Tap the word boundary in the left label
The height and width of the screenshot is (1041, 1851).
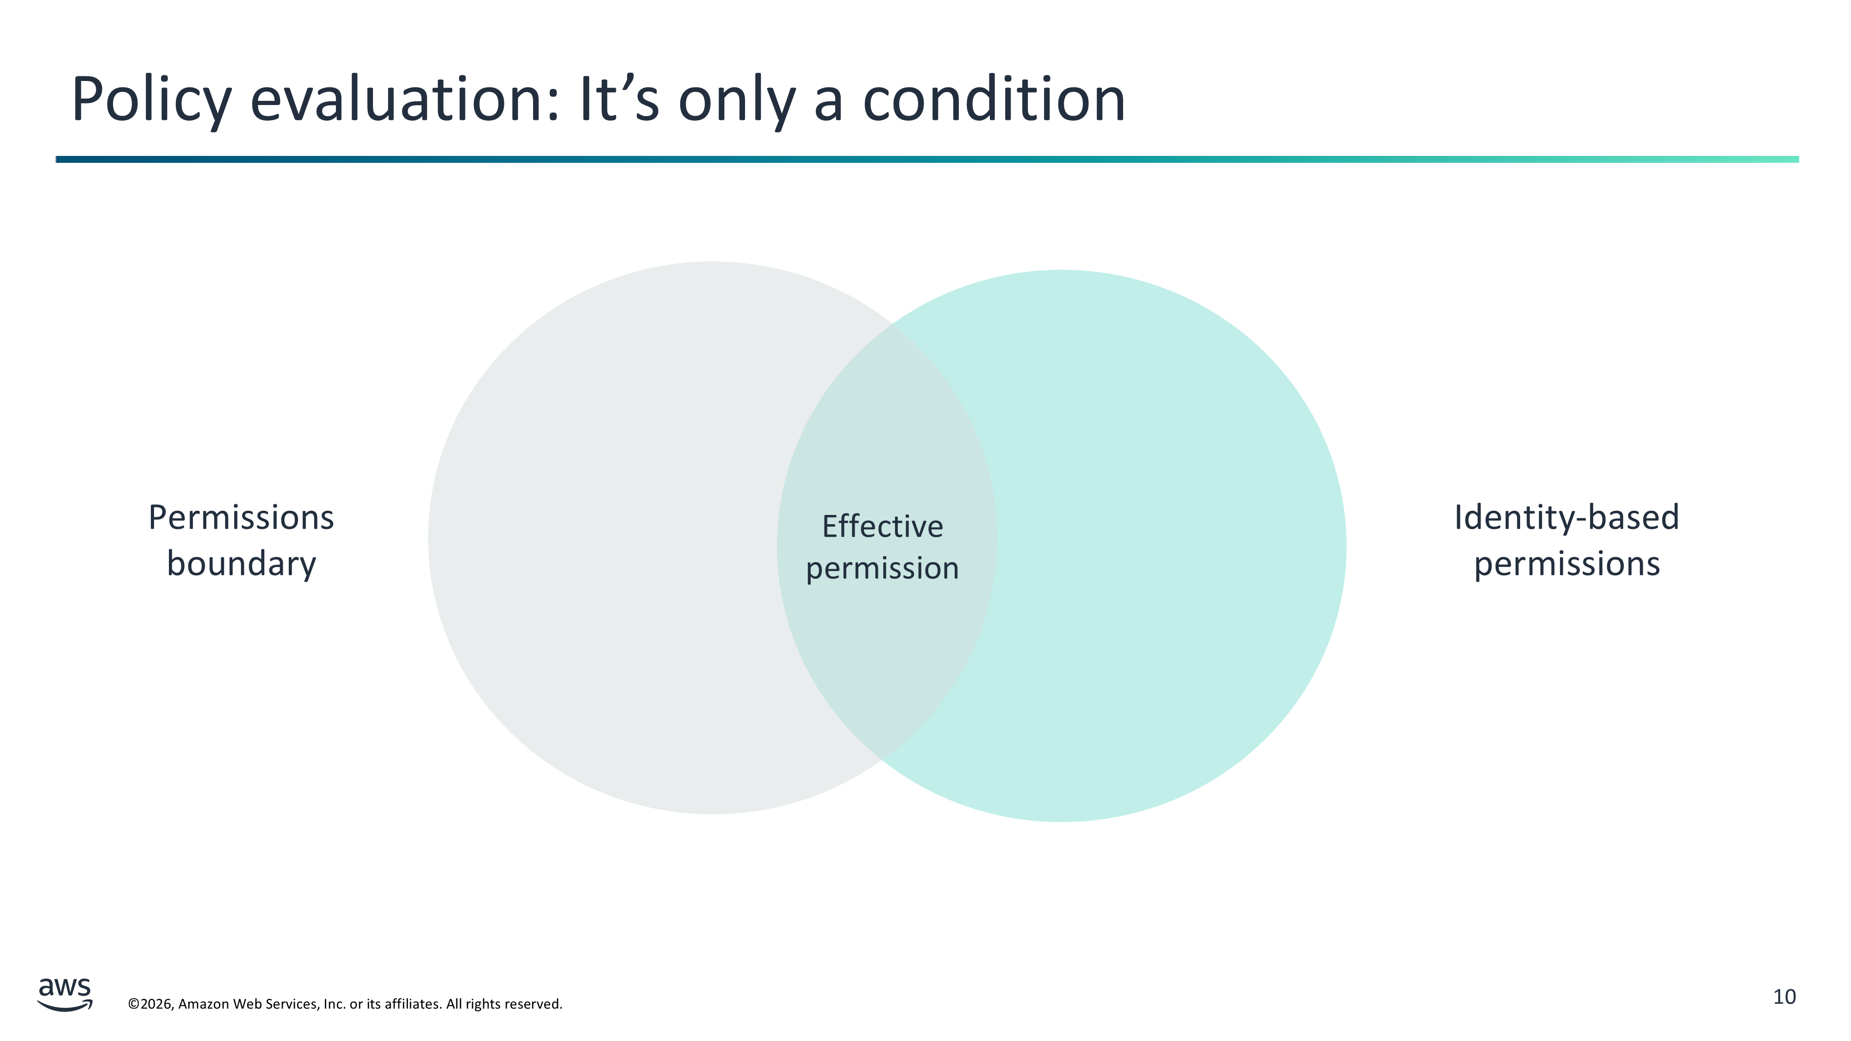242,564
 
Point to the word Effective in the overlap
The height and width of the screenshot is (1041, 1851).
882,527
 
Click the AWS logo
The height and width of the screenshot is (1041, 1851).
65,994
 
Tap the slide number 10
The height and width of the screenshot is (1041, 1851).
1784,997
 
